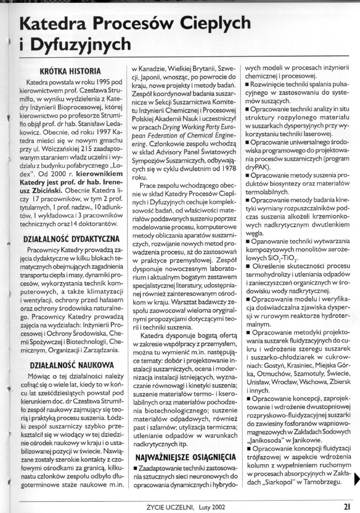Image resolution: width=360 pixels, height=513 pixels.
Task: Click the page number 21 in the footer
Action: point(347,506)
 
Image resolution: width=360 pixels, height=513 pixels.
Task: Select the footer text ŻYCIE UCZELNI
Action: point(168,506)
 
